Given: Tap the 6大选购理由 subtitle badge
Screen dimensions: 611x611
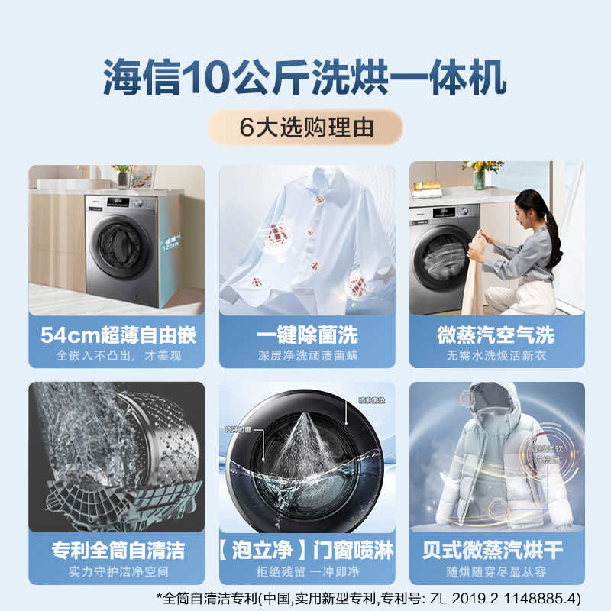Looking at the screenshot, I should coord(305,128).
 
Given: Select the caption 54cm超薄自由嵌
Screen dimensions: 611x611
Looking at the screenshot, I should coord(116,335).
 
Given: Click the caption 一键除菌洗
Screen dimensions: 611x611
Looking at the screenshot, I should coord(307,335).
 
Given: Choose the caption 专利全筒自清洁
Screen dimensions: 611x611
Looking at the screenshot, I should coord(116,551).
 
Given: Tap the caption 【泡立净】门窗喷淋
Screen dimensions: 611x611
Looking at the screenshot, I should coord(307,551).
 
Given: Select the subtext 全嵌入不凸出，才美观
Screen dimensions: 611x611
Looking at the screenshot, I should coord(116,356).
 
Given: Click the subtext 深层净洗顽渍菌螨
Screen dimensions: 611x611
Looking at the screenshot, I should coord(307,356).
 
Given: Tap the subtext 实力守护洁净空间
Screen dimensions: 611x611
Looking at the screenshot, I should coord(116,571).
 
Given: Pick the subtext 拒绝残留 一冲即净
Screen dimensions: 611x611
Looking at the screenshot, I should coord(307,571).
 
